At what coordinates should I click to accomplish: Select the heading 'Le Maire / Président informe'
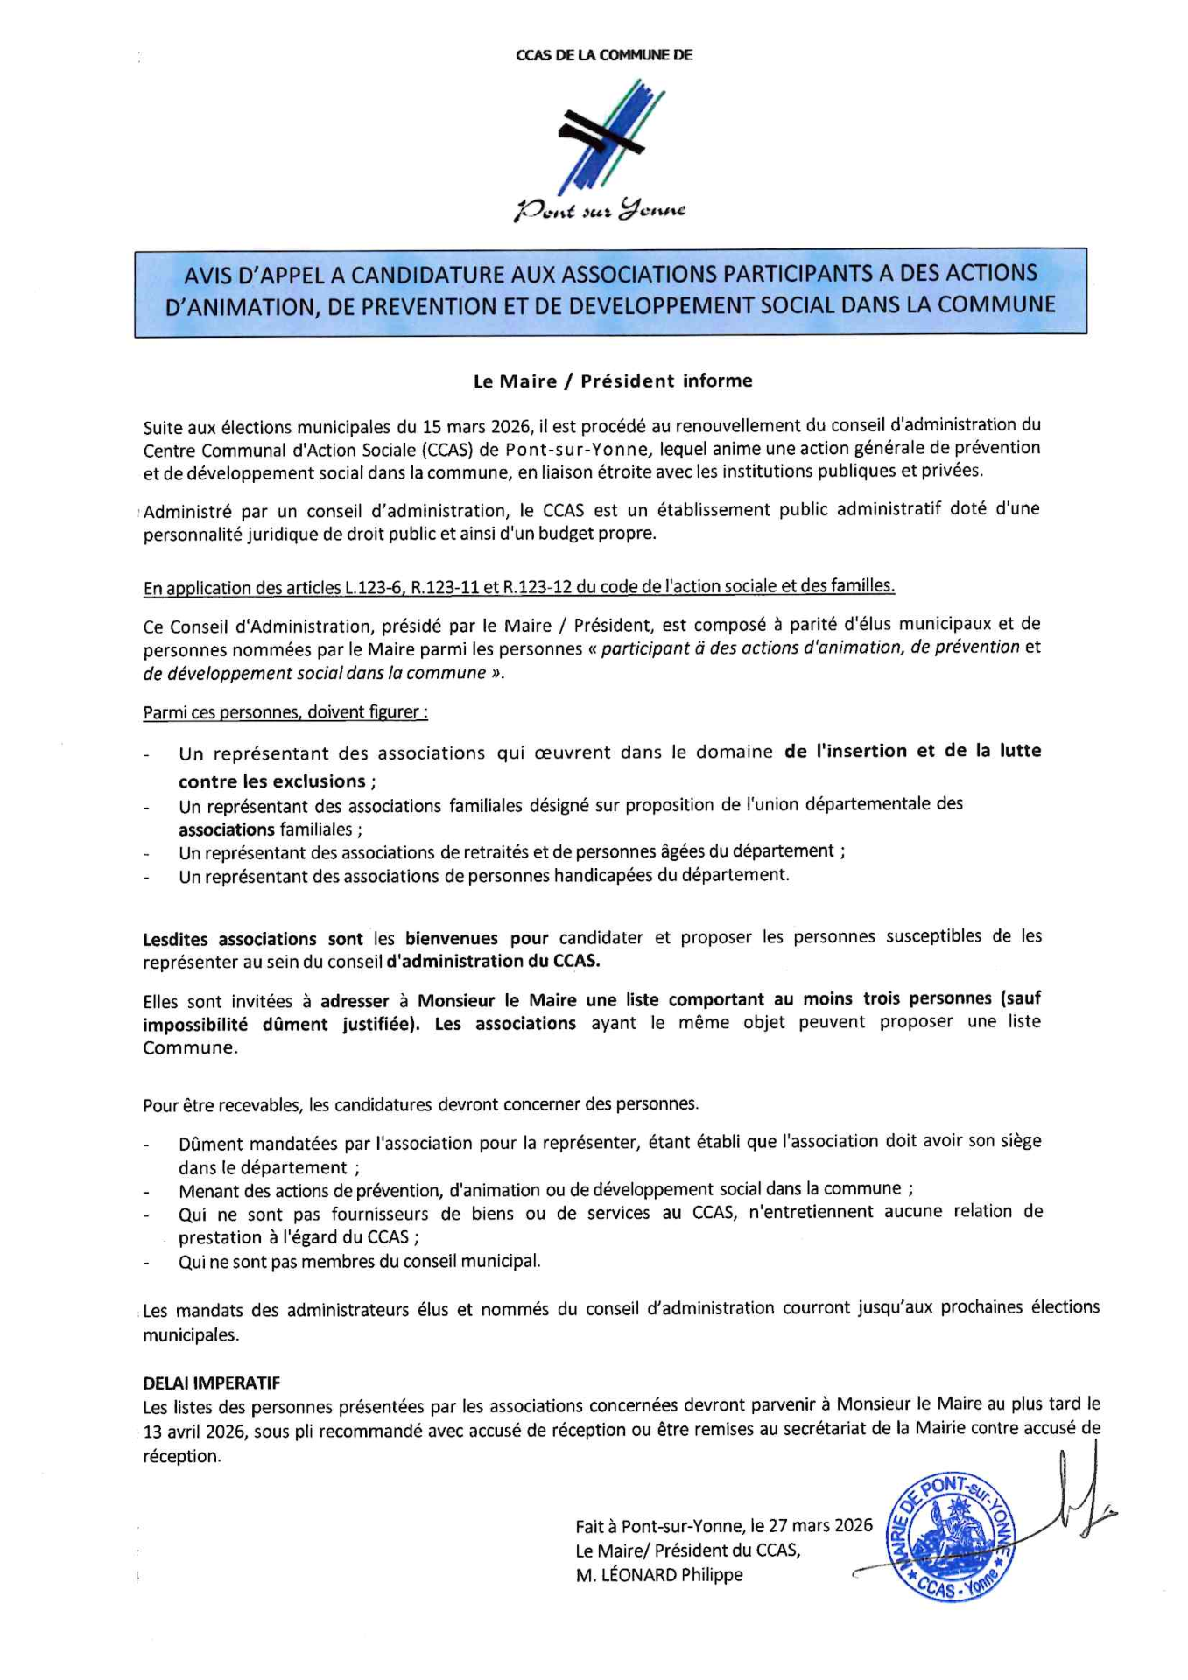coord(613,381)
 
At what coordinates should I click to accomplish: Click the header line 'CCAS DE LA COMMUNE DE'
coord(604,55)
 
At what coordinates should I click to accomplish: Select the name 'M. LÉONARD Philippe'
coord(659,1574)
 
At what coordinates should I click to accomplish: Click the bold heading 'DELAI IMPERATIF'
coord(212,1383)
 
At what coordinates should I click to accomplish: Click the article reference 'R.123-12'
coord(538,586)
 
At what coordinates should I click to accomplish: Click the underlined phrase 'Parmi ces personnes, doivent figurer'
coord(285,712)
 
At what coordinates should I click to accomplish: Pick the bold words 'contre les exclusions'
coord(272,781)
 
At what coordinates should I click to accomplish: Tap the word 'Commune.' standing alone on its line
coord(190,1047)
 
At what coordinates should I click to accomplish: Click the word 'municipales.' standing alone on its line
coord(191,1335)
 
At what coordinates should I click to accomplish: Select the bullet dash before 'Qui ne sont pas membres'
coord(147,1263)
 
